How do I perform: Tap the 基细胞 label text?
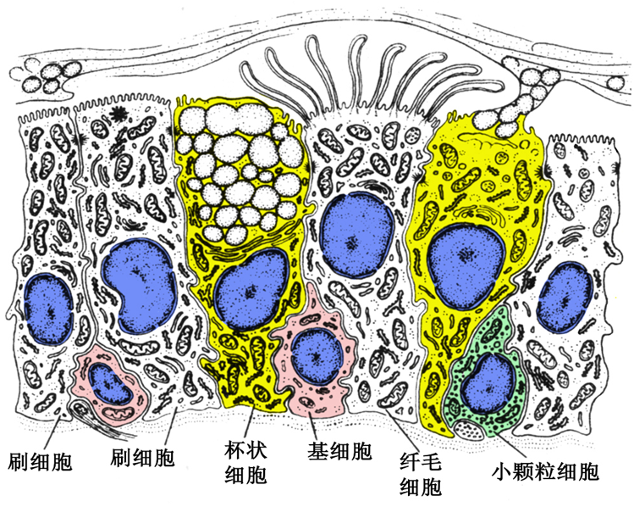pyautogui.click(x=339, y=449)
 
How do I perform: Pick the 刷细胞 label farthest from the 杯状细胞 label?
pyautogui.click(x=40, y=461)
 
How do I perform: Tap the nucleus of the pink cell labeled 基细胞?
pyautogui.click(x=317, y=355)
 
